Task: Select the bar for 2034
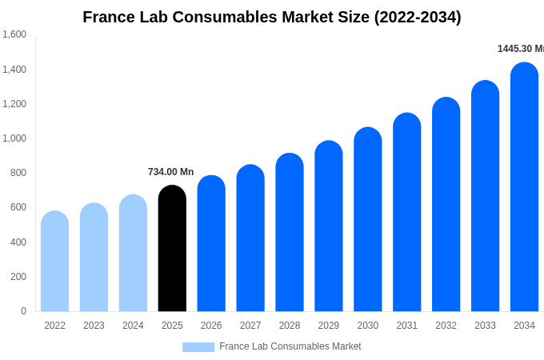coord(524,187)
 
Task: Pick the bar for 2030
coord(368,219)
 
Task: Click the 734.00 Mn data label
coord(170,172)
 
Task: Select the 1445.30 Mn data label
coord(520,49)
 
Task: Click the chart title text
coord(272,17)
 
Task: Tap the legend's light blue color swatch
coord(198,347)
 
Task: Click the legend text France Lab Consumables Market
coord(290,346)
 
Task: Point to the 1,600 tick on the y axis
coord(14,34)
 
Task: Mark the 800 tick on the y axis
coord(18,173)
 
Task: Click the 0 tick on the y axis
coord(23,311)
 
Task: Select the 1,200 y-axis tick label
coord(14,104)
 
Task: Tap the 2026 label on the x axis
coord(211,326)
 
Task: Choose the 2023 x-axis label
coord(94,326)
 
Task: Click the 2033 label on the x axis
coord(485,326)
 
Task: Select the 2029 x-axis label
coord(329,326)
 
